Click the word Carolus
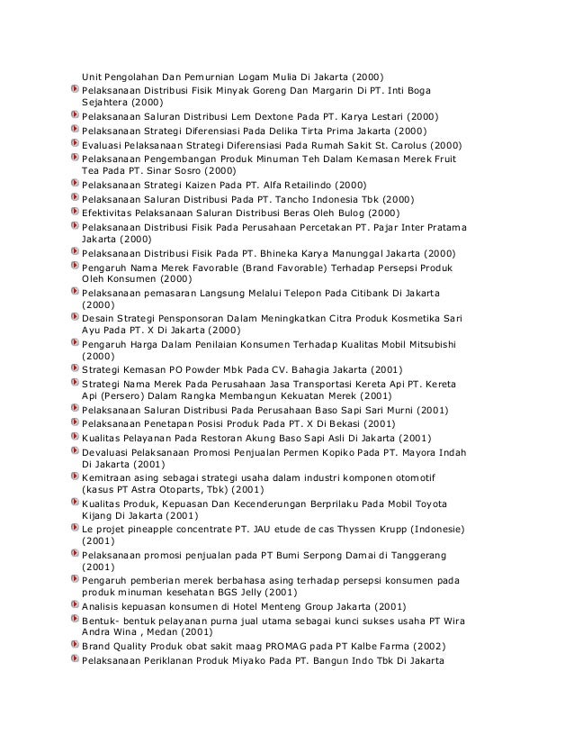coord(404,144)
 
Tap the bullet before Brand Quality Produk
coord(73,646)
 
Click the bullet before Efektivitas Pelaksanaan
coord(73,213)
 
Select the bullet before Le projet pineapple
coord(73,529)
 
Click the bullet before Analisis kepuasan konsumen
coord(73,607)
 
